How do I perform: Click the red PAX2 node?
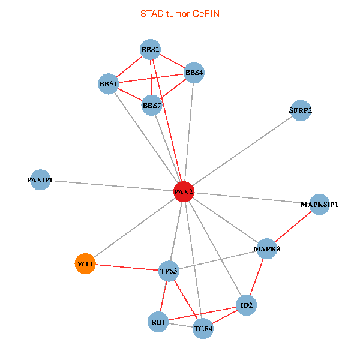pos(184,192)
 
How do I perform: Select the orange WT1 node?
pos(85,264)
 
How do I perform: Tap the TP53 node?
pos(169,271)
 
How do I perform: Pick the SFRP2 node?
pos(300,110)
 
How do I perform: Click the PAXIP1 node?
pos(41,180)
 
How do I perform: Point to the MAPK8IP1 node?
pos(319,205)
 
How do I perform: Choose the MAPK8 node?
pos(267,248)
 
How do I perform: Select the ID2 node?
pos(247,305)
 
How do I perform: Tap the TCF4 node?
pos(203,328)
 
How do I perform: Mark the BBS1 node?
pos(109,84)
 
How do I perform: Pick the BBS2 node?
pos(150,49)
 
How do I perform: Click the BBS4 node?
pos(194,73)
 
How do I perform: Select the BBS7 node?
pos(152,106)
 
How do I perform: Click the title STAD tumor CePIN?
pos(180,13)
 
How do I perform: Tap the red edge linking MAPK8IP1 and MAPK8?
pos(293,226)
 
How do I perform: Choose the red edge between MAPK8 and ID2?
pos(257,277)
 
